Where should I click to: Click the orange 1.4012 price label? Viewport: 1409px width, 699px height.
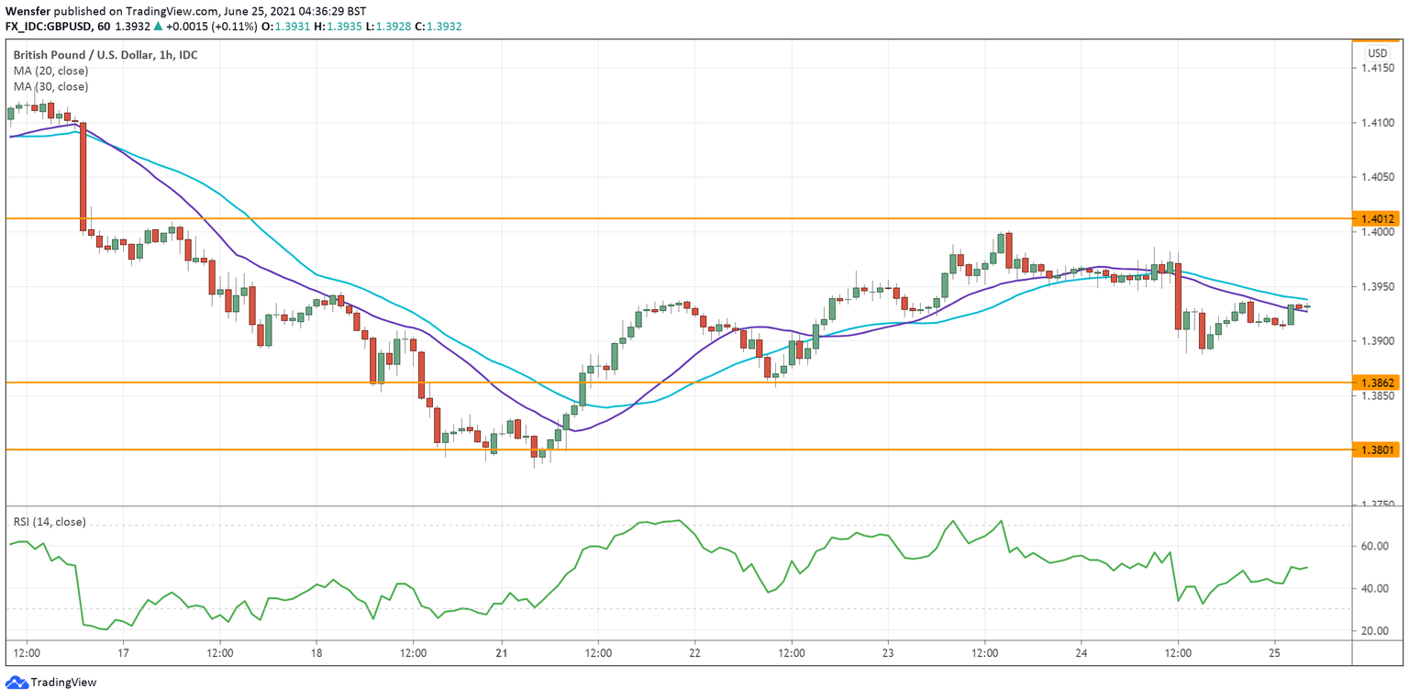[x=1379, y=219]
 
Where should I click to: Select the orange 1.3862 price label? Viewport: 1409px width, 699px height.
[x=1379, y=383]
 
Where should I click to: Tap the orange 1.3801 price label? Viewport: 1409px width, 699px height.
[x=1379, y=449]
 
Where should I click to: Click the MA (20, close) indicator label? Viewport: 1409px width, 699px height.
[x=50, y=71]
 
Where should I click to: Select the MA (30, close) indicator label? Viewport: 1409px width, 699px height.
[x=50, y=86]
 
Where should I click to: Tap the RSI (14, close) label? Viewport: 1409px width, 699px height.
[x=50, y=522]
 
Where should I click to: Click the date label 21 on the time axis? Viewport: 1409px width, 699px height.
[x=502, y=654]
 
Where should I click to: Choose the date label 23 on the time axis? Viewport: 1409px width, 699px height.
[x=888, y=654]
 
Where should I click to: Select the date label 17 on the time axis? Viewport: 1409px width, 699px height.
[x=123, y=654]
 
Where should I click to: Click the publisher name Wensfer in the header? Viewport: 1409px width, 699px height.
[x=27, y=10]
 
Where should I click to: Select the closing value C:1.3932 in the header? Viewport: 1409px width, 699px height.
[x=438, y=27]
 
